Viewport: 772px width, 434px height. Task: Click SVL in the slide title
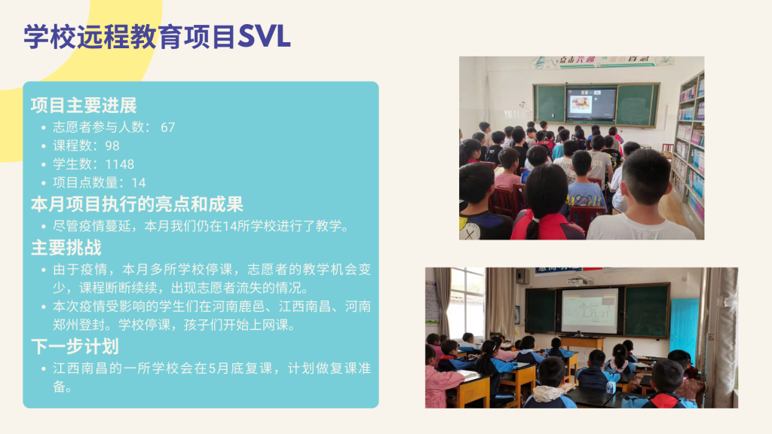pyautogui.click(x=265, y=36)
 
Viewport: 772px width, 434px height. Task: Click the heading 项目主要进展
pyautogui.click(x=84, y=105)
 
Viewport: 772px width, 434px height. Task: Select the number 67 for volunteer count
pyautogui.click(x=168, y=127)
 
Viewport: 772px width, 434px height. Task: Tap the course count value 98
pyautogui.click(x=112, y=145)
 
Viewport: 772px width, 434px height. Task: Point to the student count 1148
pyautogui.click(x=120, y=164)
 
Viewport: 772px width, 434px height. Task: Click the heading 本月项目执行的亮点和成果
pyautogui.click(x=137, y=204)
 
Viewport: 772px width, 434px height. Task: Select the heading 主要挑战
pyautogui.click(x=66, y=247)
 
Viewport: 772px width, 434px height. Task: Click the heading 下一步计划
pyautogui.click(x=75, y=347)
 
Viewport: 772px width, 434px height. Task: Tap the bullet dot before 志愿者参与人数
pyautogui.click(x=43, y=128)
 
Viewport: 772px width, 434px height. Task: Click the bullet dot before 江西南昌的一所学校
pyautogui.click(x=43, y=368)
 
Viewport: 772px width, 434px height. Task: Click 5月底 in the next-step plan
pyautogui.click(x=221, y=368)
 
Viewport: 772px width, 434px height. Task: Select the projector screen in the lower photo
pyautogui.click(x=590, y=311)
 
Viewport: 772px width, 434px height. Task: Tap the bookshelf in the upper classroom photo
pyautogui.click(x=691, y=152)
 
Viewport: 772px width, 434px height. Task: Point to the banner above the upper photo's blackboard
pyautogui.click(x=602, y=62)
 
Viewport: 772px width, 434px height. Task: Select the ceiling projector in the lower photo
pyautogui.click(x=580, y=280)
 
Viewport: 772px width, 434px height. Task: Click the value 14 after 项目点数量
pyautogui.click(x=139, y=183)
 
